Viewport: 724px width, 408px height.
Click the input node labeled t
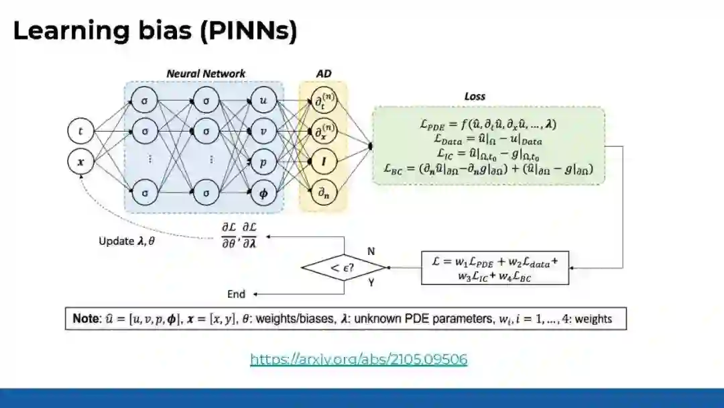[81, 132]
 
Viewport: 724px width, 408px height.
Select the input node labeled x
[81, 161]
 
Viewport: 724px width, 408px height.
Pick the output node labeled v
[263, 132]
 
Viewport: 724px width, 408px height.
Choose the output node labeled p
[263, 162]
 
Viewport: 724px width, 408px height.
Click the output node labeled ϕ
[263, 193]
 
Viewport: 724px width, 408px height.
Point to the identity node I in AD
[323, 162]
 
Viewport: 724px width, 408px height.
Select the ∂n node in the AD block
[323, 193]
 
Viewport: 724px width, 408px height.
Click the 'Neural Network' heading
[206, 73]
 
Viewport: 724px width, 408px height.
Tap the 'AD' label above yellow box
[323, 73]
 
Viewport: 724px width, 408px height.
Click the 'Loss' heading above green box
[475, 97]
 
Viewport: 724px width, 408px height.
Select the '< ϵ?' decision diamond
[345, 268]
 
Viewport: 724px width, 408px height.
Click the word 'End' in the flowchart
[237, 294]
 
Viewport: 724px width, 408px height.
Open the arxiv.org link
[359, 360]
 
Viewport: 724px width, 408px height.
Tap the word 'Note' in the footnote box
[86, 319]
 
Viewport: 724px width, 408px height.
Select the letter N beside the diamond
[371, 251]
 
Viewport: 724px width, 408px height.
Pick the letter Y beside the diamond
[371, 283]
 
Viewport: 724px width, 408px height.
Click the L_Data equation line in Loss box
[488, 140]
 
